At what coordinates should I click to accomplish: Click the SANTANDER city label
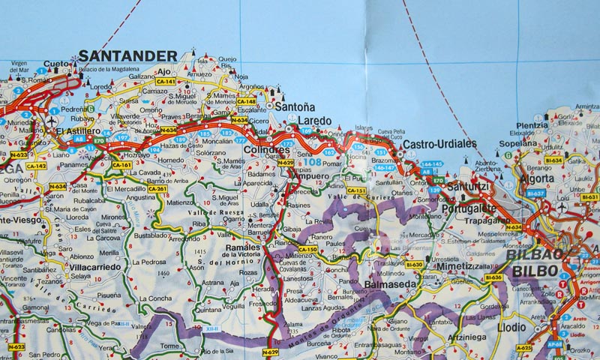(128, 55)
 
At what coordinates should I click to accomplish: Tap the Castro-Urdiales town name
(439, 143)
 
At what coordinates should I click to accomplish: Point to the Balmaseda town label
(389, 284)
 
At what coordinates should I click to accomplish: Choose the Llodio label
(511, 327)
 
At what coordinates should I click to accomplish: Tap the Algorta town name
(540, 178)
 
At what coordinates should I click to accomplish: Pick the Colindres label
(266, 150)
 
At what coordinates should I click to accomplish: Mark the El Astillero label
(78, 130)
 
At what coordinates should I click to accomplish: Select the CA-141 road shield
(165, 81)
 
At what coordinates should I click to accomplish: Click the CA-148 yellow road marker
(247, 101)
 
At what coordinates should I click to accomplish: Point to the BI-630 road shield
(415, 265)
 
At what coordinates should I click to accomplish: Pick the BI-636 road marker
(493, 277)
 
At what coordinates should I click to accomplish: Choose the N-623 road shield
(18, 154)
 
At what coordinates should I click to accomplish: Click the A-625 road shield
(523, 347)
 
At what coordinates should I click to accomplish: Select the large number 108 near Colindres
(311, 162)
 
